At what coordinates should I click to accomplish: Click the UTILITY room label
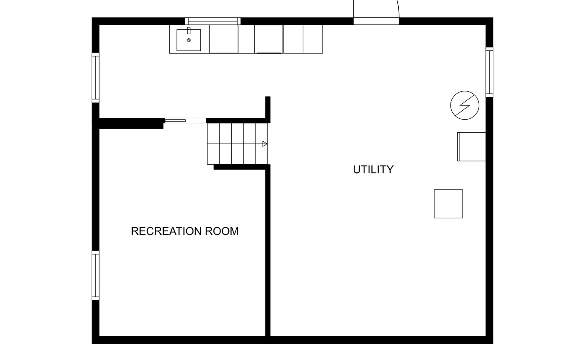373,170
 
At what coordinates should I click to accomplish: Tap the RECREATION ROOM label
184,231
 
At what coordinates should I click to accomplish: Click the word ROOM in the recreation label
222,231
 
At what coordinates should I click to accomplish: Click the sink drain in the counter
189,40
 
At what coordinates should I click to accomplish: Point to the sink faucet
189,31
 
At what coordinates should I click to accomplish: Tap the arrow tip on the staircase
267,144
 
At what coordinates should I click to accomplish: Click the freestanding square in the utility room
448,204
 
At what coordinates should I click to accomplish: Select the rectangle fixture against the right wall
472,147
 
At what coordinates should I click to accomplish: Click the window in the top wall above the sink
212,21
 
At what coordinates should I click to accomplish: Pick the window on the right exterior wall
490,72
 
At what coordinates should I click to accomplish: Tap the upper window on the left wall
95,77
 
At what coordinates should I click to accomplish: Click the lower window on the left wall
95,275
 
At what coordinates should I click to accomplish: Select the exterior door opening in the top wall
376,21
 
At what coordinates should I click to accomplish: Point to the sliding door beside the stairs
175,121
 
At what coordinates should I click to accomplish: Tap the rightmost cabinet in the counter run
313,39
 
